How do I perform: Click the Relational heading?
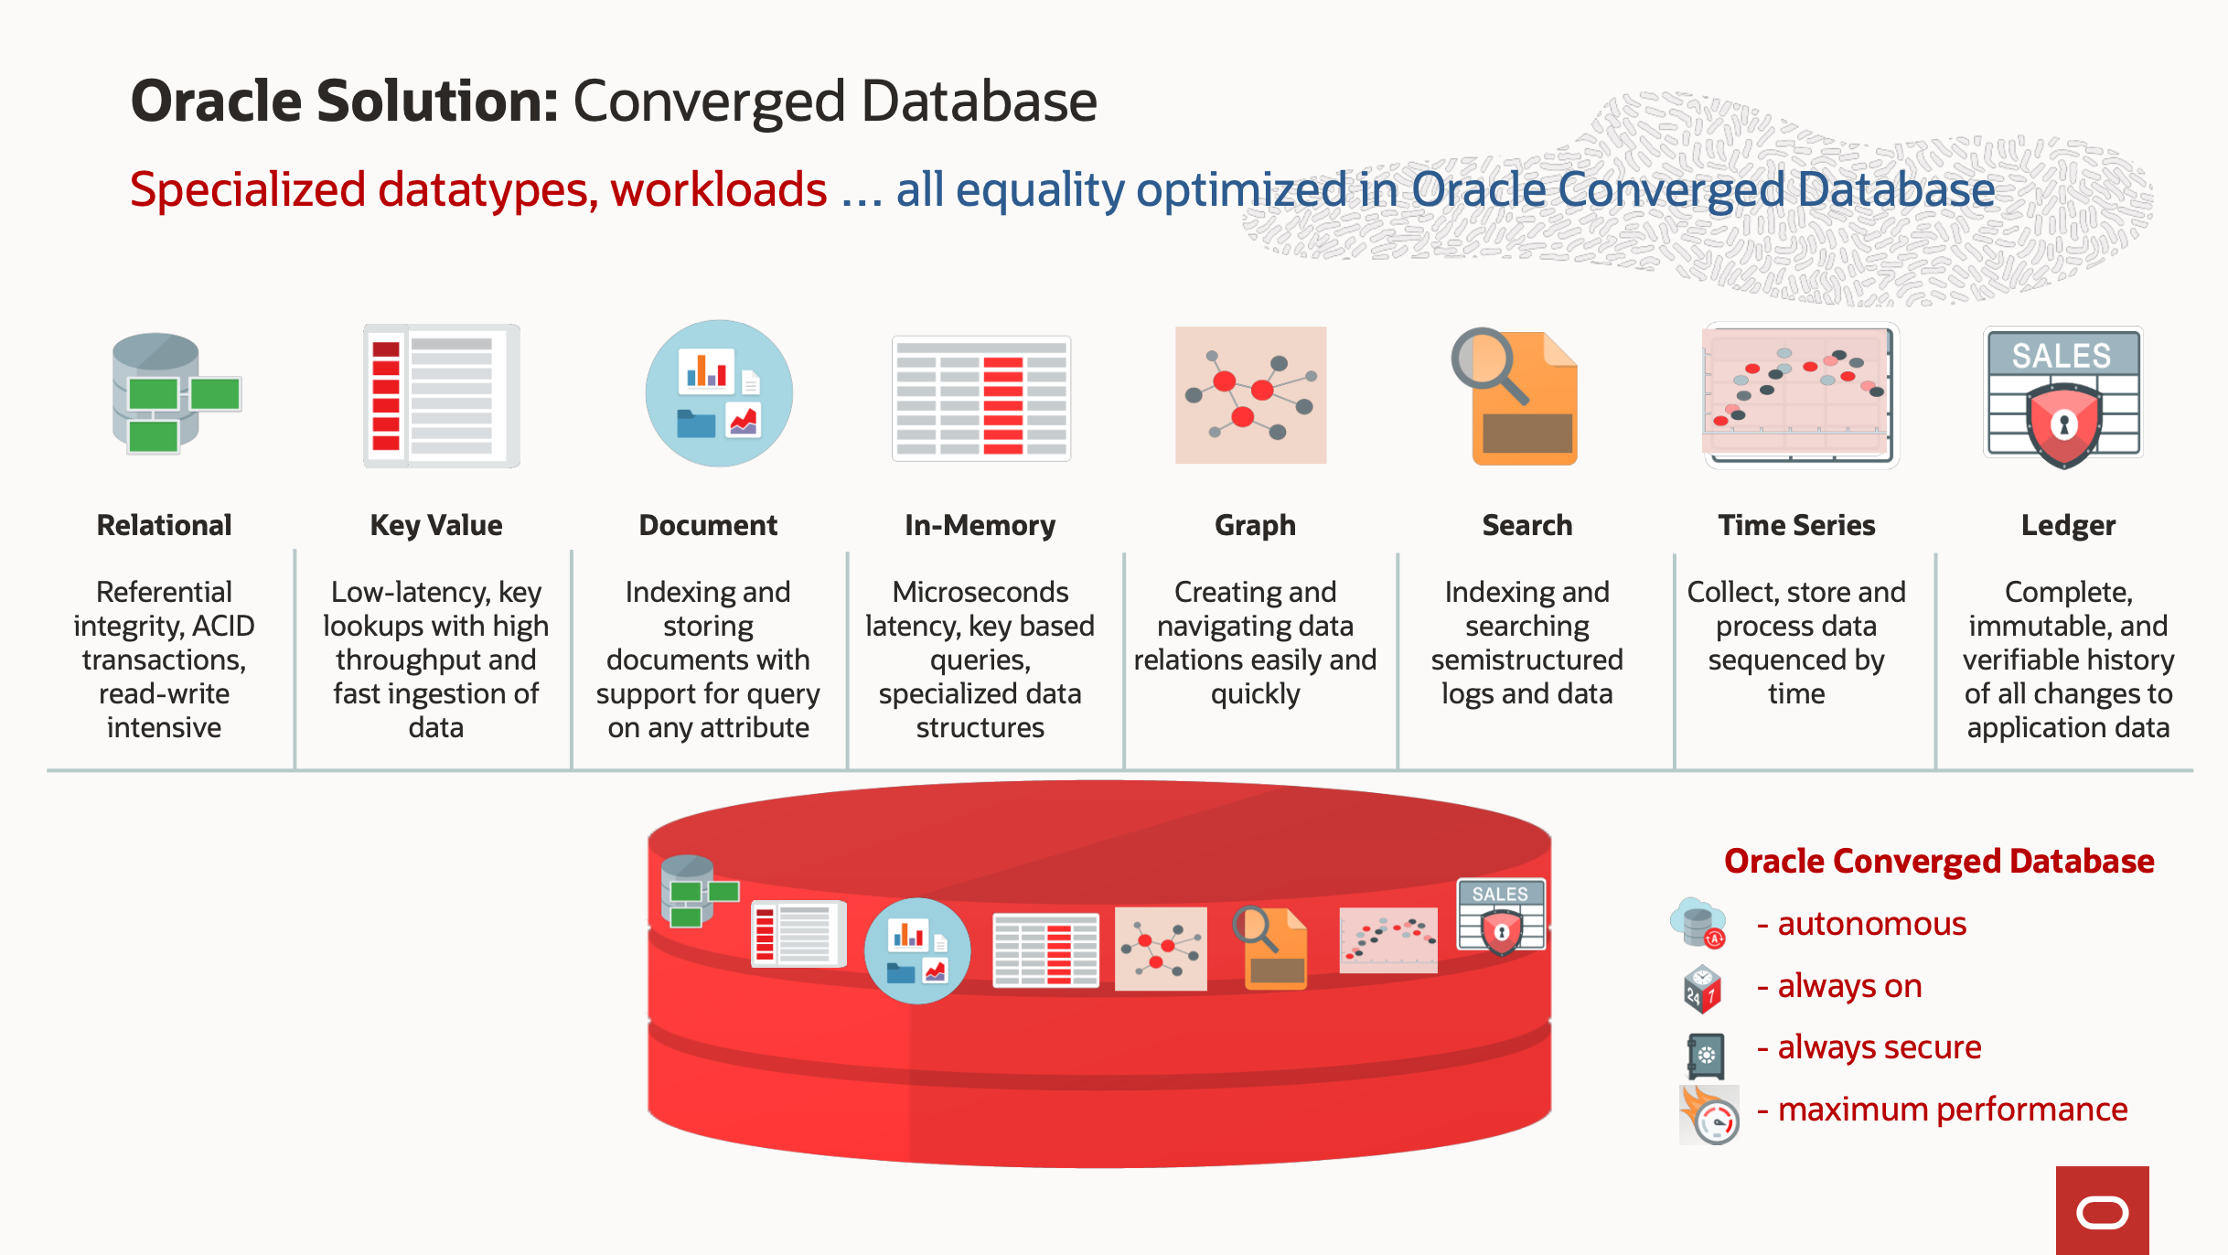[164, 525]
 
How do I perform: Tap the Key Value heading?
[435, 525]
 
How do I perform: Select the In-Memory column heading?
[980, 525]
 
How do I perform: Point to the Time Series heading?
[1796, 525]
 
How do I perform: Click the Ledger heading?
[2068, 525]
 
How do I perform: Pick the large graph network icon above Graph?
[1250, 395]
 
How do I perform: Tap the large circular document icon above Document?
[719, 393]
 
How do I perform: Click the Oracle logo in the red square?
[2102, 1212]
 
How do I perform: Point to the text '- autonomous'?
[1861, 924]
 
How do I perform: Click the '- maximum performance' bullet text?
[1943, 1110]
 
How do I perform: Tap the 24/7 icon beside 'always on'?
[1702, 989]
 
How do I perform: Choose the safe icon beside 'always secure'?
[1705, 1055]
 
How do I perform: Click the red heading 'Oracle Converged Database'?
[1939, 862]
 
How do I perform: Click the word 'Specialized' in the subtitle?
[248, 190]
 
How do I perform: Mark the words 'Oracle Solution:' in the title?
[344, 102]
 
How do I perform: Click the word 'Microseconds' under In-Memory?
[980, 592]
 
